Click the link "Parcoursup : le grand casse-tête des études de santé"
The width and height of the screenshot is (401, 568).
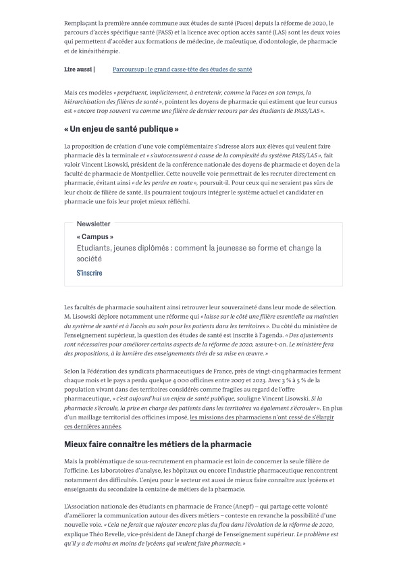pos(182,69)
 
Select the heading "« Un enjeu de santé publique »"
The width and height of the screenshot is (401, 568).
pos(122,128)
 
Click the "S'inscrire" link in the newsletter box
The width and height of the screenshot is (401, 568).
pos(89,272)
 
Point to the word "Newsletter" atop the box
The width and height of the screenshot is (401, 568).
pos(93,224)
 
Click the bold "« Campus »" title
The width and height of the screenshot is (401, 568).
pos(95,237)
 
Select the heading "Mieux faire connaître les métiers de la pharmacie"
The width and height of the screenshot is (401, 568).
pos(158,444)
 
